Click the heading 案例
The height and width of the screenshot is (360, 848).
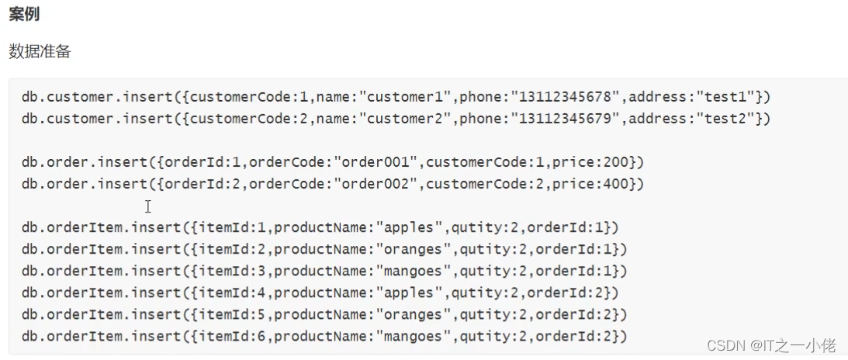click(24, 15)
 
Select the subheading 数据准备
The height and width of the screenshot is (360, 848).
click(40, 51)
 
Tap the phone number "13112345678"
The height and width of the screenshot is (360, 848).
click(562, 97)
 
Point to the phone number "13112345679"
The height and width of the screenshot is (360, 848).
click(562, 119)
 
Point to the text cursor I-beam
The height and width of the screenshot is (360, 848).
click(147, 206)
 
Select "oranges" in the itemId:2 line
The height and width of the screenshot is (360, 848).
click(415, 249)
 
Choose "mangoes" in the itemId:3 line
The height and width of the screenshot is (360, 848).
click(415, 271)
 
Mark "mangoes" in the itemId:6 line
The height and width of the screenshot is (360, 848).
click(415, 336)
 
